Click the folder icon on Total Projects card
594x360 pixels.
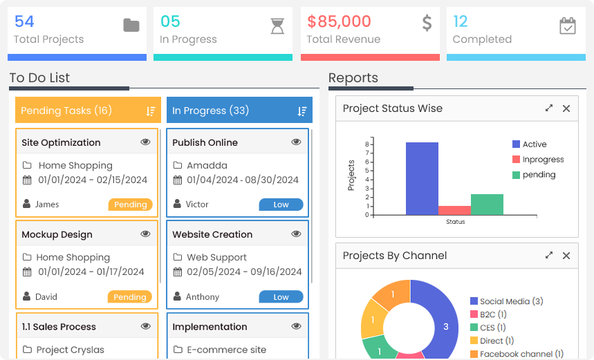tap(131, 26)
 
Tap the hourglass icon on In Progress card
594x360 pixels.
tap(277, 26)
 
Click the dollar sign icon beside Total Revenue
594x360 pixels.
tap(427, 23)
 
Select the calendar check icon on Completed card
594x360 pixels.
tap(567, 26)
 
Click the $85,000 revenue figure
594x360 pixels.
tap(339, 21)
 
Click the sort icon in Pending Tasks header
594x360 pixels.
tap(151, 111)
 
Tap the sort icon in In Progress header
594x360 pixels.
tap(302, 111)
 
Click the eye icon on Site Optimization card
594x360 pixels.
tap(145, 142)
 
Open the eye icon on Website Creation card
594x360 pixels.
tap(296, 234)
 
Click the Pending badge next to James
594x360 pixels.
tap(130, 205)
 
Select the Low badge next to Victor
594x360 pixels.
tap(281, 205)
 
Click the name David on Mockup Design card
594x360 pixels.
tap(46, 297)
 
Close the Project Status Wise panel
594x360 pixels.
tap(566, 108)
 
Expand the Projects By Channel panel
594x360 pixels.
tap(549, 256)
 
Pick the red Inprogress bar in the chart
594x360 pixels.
tap(454, 210)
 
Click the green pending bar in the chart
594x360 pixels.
tap(487, 204)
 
